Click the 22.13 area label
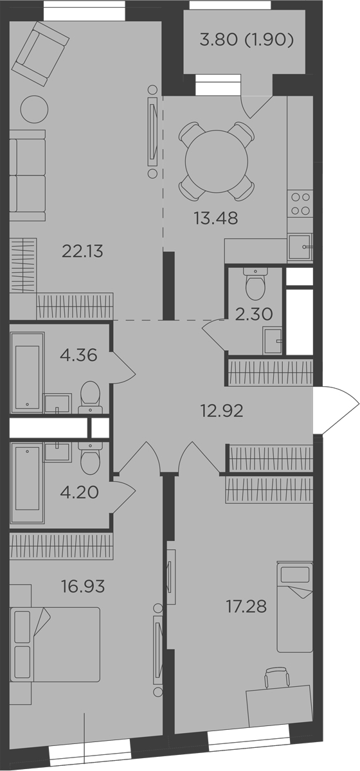point(82,251)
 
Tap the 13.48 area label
point(216,218)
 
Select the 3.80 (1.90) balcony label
point(247,41)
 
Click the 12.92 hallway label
point(222,410)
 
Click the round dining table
point(216,160)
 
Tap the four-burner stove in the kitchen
point(301,204)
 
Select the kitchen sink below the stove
point(300,246)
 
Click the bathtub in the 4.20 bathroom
point(28,482)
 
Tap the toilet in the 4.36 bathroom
point(90,396)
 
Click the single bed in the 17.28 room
point(294,605)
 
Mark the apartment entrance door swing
point(336,409)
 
